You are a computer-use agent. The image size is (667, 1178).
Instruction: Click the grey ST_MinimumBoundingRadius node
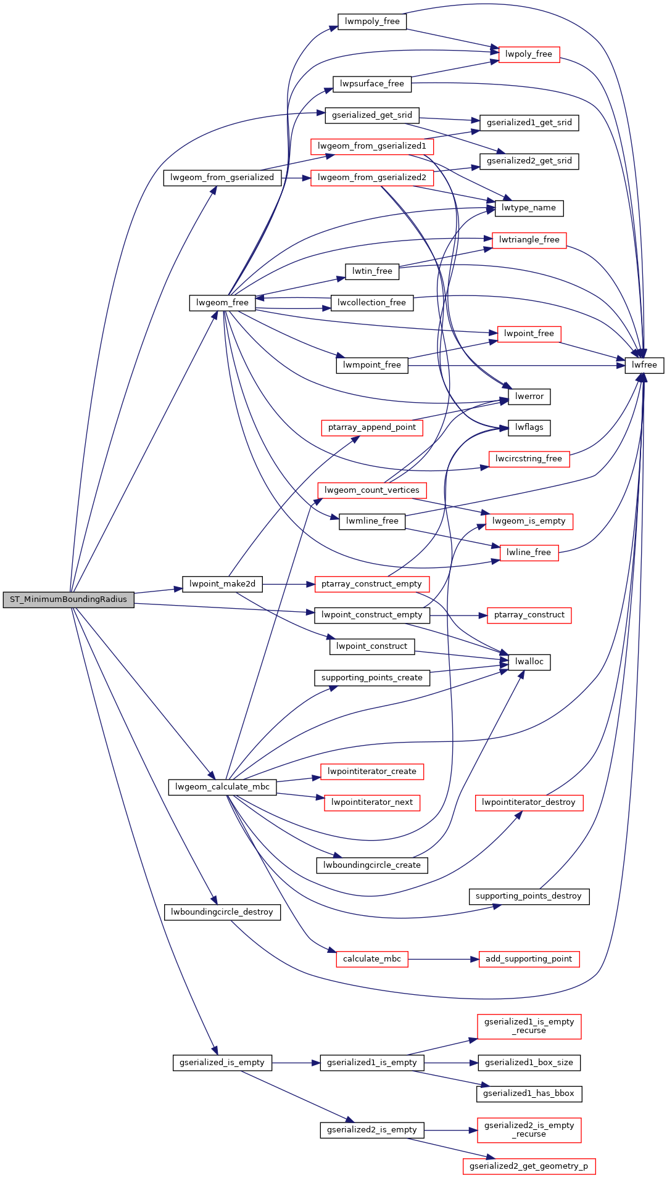pyautogui.click(x=68, y=599)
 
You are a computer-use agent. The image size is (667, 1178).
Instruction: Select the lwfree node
pyautogui.click(x=644, y=365)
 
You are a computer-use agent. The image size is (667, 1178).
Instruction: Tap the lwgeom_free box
pyautogui.click(x=222, y=303)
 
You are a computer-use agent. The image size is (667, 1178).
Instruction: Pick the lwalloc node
pyautogui.click(x=529, y=662)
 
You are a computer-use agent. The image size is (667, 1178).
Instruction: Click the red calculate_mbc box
pyautogui.click(x=372, y=959)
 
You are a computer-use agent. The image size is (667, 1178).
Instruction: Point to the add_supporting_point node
pyautogui.click(x=529, y=959)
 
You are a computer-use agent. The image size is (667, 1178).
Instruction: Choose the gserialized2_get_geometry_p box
pyautogui.click(x=529, y=1166)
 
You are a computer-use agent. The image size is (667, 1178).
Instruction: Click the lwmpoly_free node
pyautogui.click(x=372, y=22)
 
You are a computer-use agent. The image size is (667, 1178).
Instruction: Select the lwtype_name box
pyautogui.click(x=529, y=208)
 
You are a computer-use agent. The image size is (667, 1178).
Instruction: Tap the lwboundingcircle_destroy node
pyautogui.click(x=222, y=912)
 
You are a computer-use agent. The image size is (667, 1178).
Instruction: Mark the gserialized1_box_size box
pyautogui.click(x=529, y=1063)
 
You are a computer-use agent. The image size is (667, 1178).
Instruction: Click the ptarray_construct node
pyautogui.click(x=529, y=615)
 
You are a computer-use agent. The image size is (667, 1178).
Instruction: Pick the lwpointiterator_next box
pyautogui.click(x=372, y=802)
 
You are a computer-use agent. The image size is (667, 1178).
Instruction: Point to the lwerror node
pyautogui.click(x=529, y=397)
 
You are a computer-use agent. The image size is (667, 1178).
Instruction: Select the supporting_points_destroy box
pyautogui.click(x=529, y=896)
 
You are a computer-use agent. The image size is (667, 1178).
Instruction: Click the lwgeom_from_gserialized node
pyautogui.click(x=222, y=178)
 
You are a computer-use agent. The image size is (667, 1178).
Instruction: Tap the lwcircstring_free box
pyautogui.click(x=529, y=459)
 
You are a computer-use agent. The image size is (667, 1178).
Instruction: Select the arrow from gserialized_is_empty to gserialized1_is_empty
pyautogui.click(x=296, y=1063)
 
